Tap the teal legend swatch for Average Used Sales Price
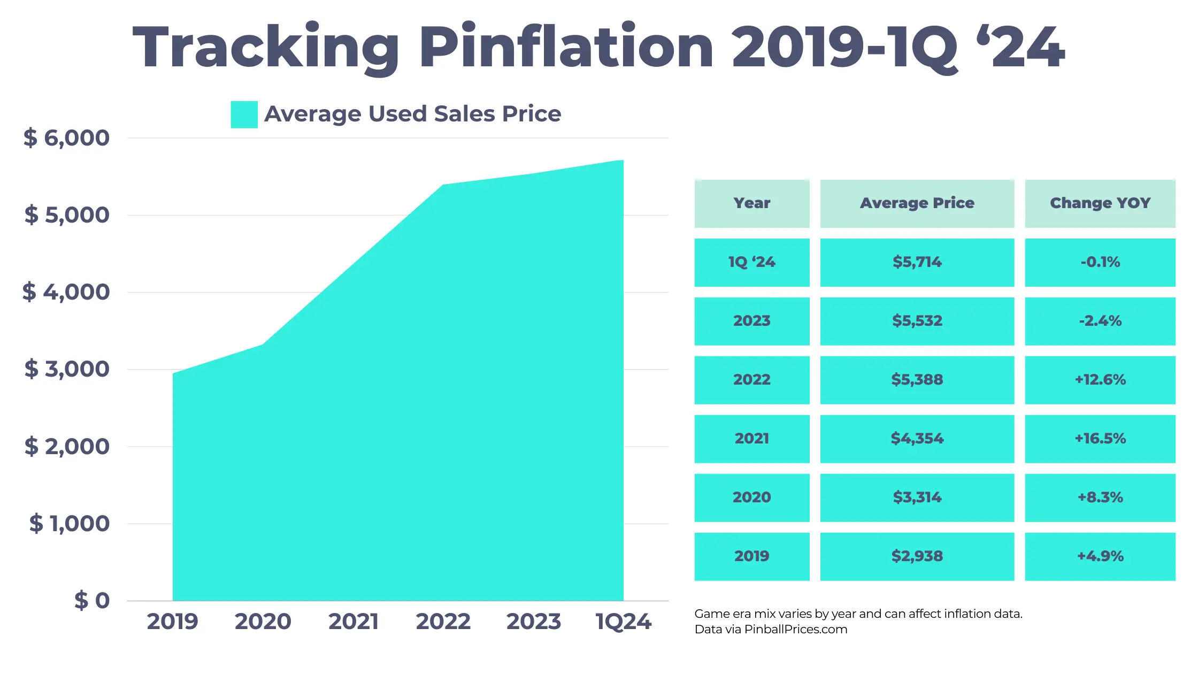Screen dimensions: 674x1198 (244, 114)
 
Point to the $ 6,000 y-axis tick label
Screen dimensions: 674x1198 (66, 138)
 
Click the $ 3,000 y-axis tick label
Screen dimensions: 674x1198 (67, 369)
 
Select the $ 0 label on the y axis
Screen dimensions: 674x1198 (92, 601)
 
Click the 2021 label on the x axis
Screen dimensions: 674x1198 (354, 622)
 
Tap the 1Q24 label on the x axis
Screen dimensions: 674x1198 (623, 622)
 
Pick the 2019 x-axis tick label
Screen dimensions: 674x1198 (172, 622)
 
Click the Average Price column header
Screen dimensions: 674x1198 (917, 203)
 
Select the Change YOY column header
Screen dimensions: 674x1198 (1100, 203)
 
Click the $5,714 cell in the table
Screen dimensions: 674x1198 (917, 262)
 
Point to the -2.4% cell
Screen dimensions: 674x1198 (1100, 321)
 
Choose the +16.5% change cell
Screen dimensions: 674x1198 (1100, 439)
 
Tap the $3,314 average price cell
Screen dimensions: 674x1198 (917, 497)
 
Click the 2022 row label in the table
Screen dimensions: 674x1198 (751, 380)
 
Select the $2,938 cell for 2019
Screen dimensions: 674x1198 (917, 556)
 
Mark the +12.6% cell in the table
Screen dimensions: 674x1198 (1100, 380)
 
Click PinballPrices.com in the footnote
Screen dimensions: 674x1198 (796, 630)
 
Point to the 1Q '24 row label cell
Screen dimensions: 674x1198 (751, 262)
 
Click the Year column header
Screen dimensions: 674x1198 (751, 203)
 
